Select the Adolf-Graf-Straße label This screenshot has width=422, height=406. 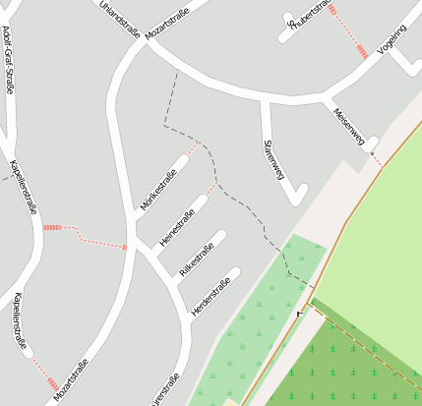coord(9,59)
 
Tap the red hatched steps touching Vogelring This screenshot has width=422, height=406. coord(364,51)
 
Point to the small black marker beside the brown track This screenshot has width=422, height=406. coord(298,314)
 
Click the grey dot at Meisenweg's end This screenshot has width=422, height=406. coord(372,153)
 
